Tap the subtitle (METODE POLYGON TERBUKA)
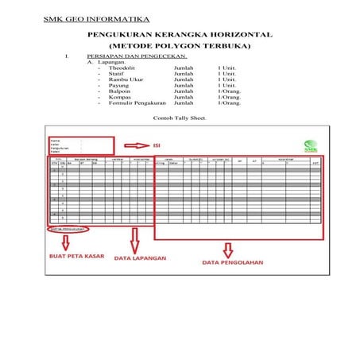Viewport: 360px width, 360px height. [x=180, y=47]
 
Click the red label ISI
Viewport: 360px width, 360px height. [x=157, y=146]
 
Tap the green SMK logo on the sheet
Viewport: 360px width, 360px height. [x=310, y=145]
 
